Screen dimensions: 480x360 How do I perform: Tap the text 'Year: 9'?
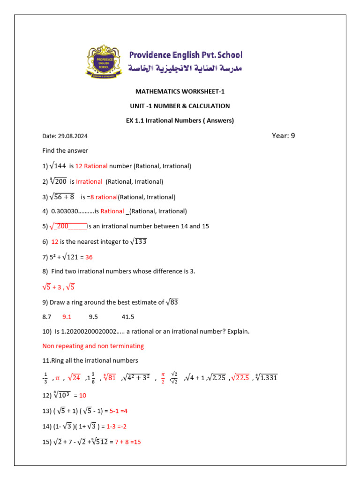(283, 136)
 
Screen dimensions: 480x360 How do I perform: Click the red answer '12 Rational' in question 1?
(91, 166)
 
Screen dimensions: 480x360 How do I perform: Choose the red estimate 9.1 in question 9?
(67, 316)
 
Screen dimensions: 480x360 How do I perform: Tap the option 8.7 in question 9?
(46, 316)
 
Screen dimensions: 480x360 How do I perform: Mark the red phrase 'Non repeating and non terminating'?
(93, 346)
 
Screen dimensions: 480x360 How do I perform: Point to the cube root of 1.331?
(266, 377)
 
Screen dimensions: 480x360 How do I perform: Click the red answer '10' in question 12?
(82, 395)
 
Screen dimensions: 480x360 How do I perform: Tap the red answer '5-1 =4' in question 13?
(119, 411)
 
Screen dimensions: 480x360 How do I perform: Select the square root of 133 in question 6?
(139, 241)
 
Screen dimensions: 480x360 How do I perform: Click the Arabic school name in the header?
(186, 68)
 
